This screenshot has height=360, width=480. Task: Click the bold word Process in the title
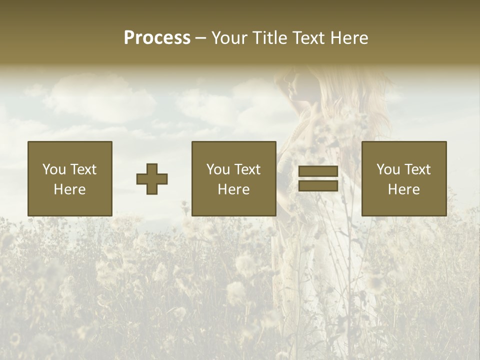click(157, 37)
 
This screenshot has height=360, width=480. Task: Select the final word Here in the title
click(349, 37)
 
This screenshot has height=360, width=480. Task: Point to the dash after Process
click(201, 38)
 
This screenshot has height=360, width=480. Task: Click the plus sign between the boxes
click(152, 178)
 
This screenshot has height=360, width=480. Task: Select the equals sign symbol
click(318, 178)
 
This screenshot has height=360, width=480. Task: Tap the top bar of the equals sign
click(318, 171)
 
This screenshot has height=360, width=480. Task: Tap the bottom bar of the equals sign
click(318, 185)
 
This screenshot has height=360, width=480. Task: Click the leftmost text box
click(70, 178)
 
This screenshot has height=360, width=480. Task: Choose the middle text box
click(234, 178)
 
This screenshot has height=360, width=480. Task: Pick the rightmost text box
click(404, 178)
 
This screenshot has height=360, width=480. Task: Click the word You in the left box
click(54, 169)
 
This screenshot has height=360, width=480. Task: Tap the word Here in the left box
click(70, 189)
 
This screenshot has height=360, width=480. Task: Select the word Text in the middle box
click(247, 169)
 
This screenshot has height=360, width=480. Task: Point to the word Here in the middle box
click(234, 189)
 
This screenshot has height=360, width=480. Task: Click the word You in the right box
click(388, 169)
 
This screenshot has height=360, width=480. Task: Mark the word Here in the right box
click(404, 189)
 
